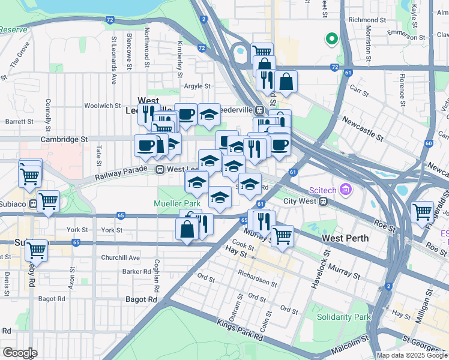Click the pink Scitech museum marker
345,190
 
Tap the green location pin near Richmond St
330,40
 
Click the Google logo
20,353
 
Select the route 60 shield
428,143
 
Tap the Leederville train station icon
259,110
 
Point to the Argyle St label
197,86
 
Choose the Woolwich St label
103,106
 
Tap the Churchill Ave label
120,258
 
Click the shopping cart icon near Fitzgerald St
423,211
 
